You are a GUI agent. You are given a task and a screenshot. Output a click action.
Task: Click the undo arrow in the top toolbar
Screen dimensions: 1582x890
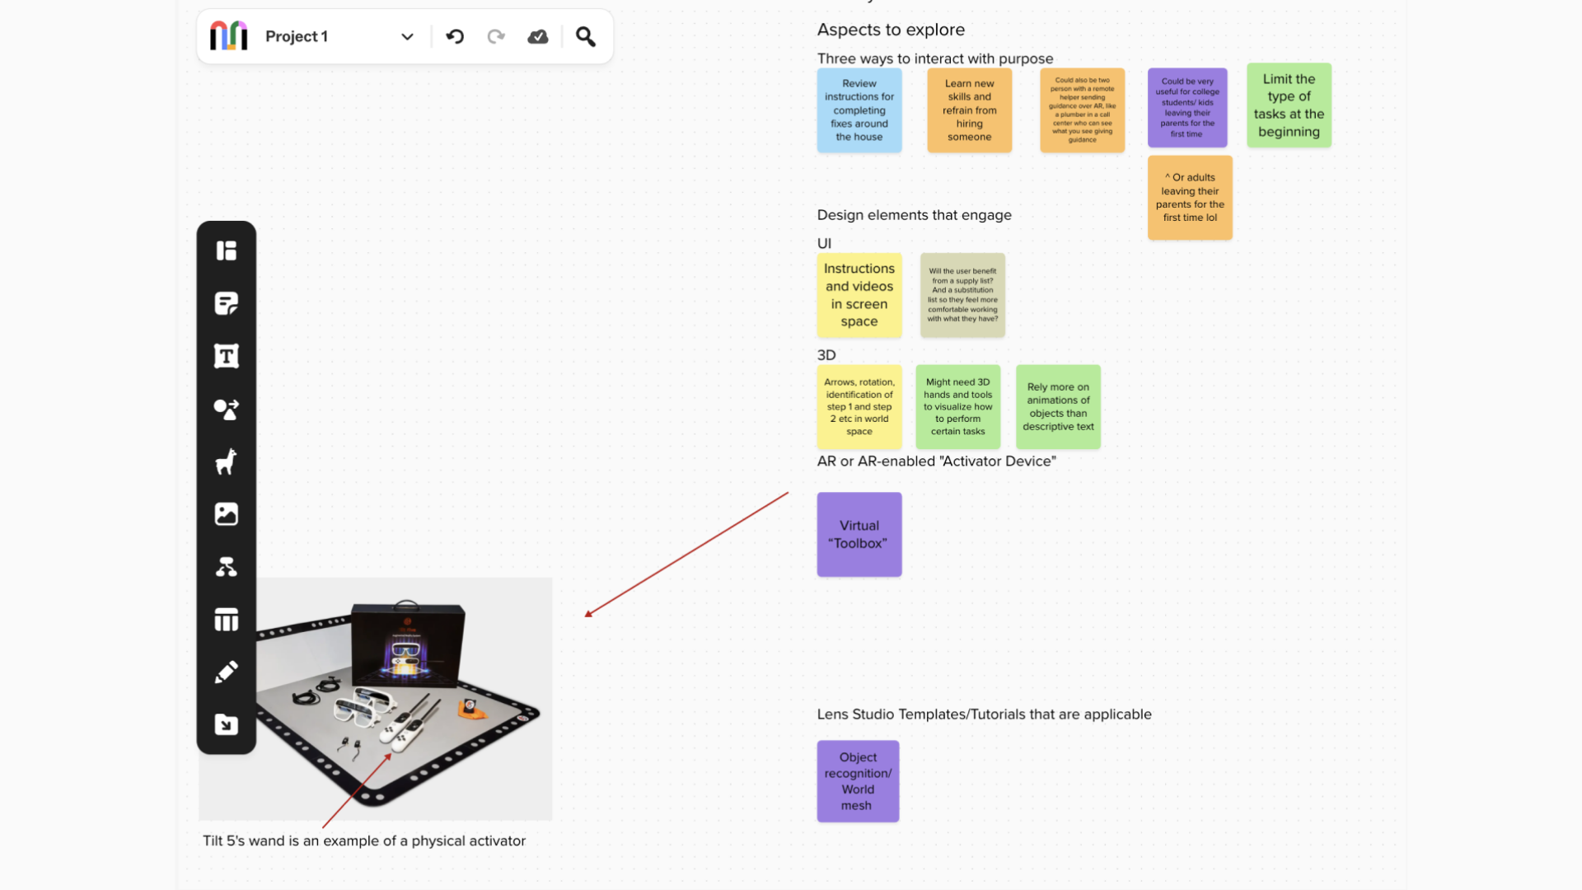tap(455, 36)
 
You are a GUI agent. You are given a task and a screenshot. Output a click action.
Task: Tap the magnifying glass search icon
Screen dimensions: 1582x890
tap(585, 36)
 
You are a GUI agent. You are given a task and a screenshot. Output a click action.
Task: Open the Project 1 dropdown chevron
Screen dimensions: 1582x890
tap(407, 36)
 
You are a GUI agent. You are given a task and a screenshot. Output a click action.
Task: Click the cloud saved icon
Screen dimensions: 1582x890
tap(538, 36)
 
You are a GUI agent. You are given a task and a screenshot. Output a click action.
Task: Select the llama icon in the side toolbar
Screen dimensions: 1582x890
tap(226, 461)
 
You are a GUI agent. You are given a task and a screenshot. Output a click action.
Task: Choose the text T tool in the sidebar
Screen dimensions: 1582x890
tap(226, 356)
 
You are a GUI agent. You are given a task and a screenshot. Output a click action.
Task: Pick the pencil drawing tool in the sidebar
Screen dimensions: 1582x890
tap(226, 672)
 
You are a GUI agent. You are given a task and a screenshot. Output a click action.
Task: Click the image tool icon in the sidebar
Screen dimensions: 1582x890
tap(226, 514)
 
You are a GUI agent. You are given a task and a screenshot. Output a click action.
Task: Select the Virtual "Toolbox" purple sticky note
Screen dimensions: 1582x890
tap(859, 534)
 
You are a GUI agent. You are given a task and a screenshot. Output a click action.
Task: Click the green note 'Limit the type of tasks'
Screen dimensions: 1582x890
tap(1289, 105)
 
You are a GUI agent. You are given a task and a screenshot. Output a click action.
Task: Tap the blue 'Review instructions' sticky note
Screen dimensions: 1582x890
tap(859, 110)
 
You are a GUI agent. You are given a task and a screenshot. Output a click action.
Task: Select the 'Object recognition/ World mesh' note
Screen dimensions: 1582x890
tap(858, 780)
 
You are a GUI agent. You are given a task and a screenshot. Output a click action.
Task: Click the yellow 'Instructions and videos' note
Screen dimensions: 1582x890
tap(859, 295)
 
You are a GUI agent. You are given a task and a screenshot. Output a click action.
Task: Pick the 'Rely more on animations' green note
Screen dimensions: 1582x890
tap(1058, 407)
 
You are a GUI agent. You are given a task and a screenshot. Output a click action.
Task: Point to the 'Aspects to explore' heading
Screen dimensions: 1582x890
tap(891, 30)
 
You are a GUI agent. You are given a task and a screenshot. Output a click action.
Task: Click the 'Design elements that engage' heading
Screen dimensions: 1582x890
tap(914, 215)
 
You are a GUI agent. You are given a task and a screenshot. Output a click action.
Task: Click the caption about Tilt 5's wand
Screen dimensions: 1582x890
tap(364, 841)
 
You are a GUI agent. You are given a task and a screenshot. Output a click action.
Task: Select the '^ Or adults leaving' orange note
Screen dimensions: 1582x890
tap(1189, 198)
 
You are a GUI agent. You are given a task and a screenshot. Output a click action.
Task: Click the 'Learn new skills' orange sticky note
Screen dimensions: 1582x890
tap(969, 110)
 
